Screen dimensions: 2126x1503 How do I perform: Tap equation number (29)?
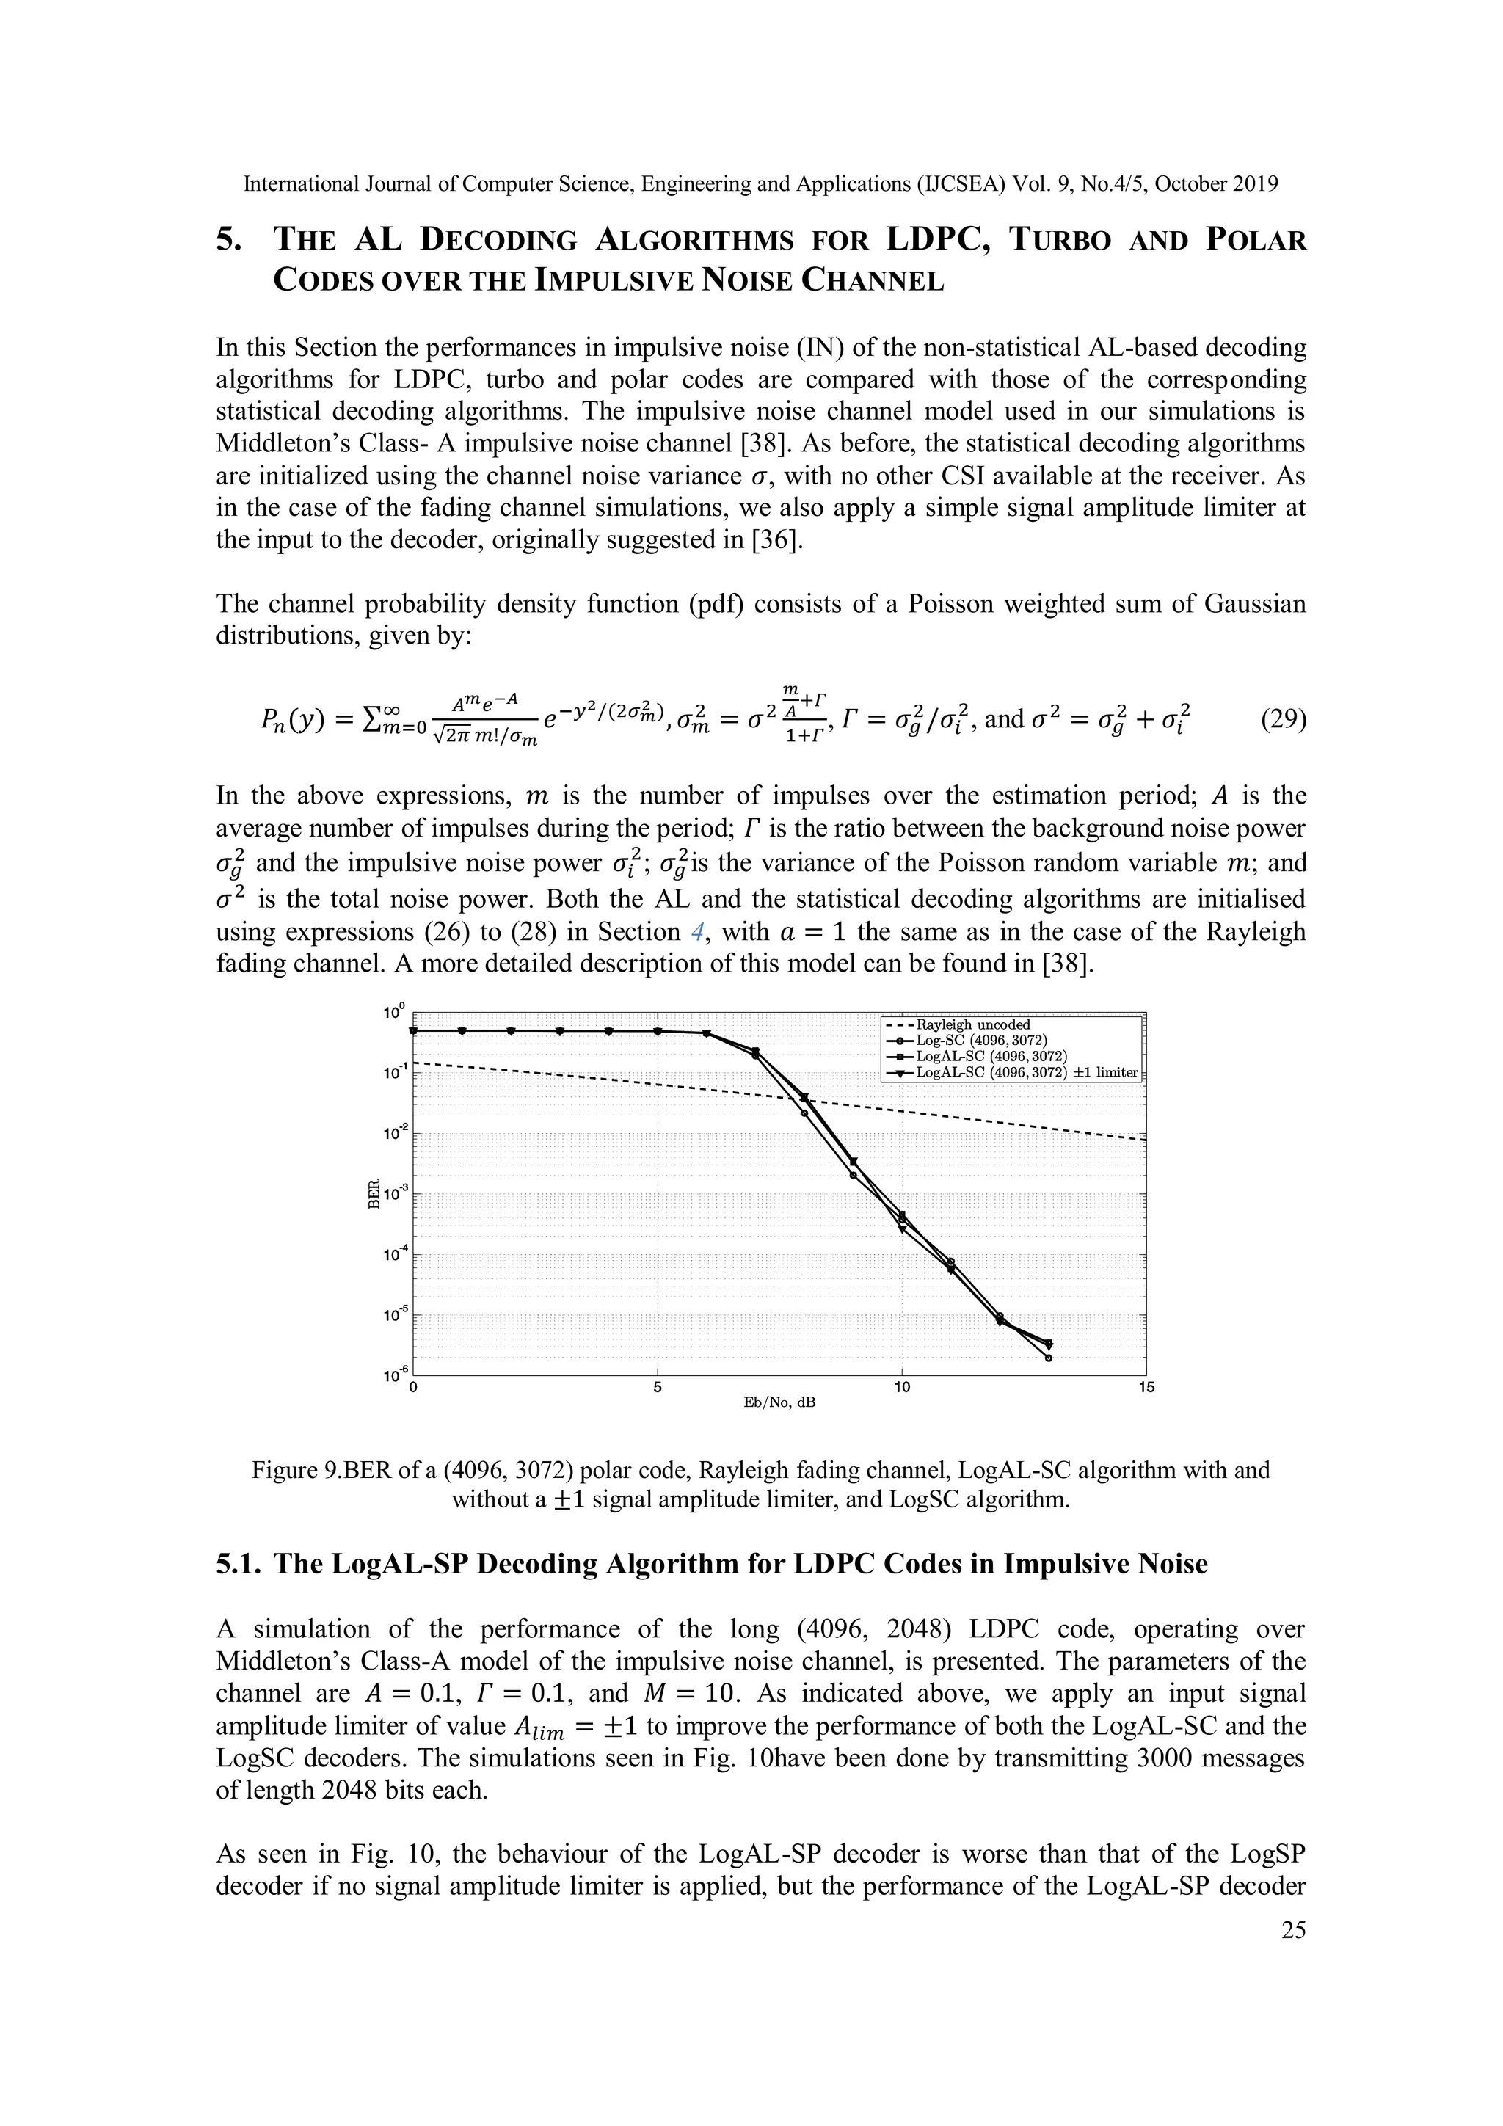pos(1283,718)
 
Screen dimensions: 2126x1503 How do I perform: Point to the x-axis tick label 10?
pos(901,1387)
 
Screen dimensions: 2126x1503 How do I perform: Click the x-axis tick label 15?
pos(1146,1387)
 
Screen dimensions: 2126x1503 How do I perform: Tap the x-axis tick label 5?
pos(657,1387)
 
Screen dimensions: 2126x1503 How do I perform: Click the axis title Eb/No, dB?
pos(779,1403)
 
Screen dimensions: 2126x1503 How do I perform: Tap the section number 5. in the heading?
pos(230,241)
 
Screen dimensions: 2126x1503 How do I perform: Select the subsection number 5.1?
pos(239,1565)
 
